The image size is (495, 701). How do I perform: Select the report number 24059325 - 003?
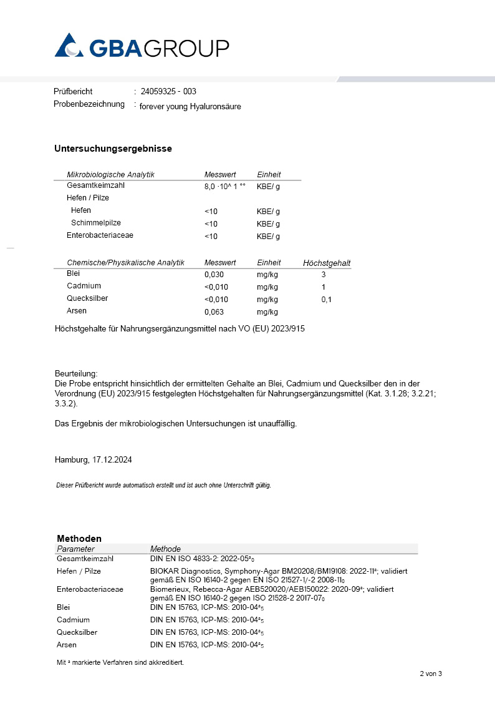[x=168, y=91]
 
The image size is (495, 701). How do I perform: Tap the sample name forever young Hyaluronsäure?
[x=190, y=106]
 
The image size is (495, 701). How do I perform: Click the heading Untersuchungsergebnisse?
[x=113, y=149]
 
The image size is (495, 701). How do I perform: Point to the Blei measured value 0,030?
[x=214, y=274]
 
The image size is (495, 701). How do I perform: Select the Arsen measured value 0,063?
[x=214, y=311]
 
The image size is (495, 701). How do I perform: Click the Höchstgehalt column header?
[x=327, y=263]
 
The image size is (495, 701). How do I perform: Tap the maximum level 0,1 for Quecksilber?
[x=327, y=300]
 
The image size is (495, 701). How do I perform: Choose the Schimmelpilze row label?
[x=96, y=223]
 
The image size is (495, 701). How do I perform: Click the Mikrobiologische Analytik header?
[x=110, y=175]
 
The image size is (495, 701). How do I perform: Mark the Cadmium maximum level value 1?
[x=324, y=287]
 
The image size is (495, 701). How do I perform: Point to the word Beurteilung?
[x=76, y=373]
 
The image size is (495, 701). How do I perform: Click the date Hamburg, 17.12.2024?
[x=93, y=459]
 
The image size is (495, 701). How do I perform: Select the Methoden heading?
[x=79, y=538]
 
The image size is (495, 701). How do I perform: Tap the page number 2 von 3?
[x=430, y=674]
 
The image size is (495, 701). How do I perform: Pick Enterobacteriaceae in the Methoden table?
[x=90, y=589]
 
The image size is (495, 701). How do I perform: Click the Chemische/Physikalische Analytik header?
[x=125, y=263]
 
